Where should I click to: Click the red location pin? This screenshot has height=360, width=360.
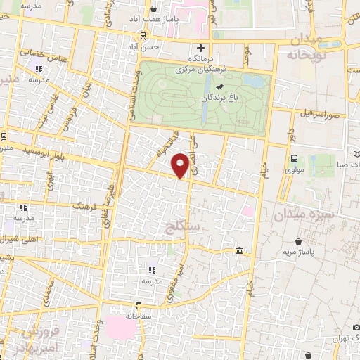(x=181, y=165)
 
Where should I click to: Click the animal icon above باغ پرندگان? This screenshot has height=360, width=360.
(x=220, y=87)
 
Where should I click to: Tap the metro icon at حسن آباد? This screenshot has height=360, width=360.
(x=143, y=35)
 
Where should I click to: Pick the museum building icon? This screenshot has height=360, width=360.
(x=240, y=251)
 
